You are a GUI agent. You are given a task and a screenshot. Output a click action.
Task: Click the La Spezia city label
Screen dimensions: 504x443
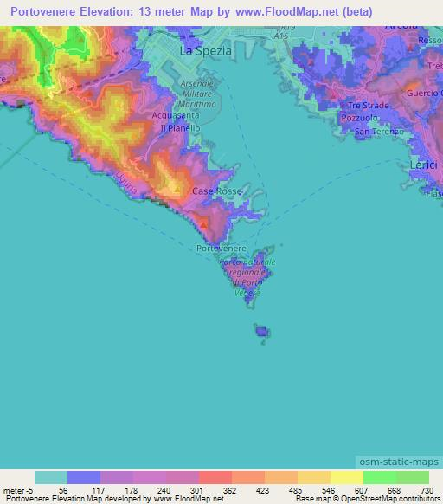click(205, 50)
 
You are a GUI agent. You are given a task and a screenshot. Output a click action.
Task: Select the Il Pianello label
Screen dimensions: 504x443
click(177, 127)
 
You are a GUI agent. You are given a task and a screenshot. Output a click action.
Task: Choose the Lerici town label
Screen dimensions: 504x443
click(423, 163)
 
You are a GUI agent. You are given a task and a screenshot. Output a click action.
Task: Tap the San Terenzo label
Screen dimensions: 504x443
click(374, 132)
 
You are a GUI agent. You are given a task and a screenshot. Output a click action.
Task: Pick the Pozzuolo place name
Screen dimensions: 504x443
click(357, 116)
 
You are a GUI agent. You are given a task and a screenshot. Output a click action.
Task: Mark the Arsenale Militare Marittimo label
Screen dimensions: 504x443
click(200, 91)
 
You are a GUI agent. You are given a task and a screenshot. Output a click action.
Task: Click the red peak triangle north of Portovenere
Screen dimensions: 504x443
click(203, 225)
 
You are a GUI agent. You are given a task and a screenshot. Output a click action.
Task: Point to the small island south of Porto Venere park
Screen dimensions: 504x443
click(261, 330)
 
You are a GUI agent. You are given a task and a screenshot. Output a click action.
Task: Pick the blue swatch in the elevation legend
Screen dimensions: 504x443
click(84, 477)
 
